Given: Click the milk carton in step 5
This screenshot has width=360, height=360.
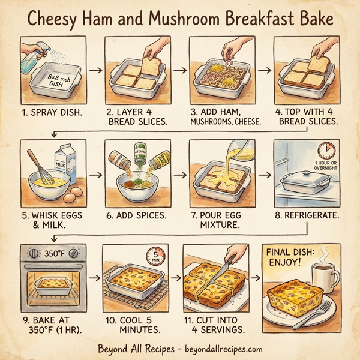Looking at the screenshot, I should tap(67, 164).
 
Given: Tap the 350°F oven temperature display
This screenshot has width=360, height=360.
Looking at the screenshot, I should tap(54, 254).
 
